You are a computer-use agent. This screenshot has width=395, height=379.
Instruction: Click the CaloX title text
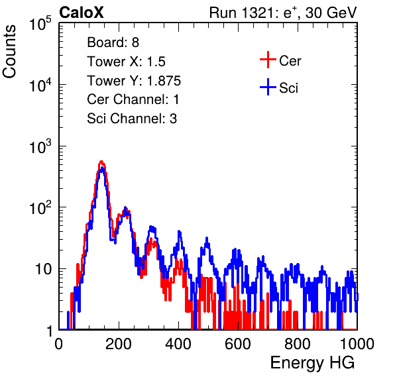point(81,13)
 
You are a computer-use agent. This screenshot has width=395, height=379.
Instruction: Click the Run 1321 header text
point(283,13)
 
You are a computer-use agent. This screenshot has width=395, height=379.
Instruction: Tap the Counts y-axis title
point(9,52)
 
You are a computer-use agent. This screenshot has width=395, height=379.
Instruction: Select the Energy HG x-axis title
point(312,363)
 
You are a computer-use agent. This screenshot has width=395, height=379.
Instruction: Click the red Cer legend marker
point(268,60)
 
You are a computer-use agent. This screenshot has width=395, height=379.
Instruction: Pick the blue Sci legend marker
point(268,87)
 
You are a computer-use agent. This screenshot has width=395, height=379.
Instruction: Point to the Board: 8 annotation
point(113,42)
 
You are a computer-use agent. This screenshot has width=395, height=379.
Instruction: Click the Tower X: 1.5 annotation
point(126,62)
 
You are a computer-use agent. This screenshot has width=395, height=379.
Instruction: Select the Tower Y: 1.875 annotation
point(134,81)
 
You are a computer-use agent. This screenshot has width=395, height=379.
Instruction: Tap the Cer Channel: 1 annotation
point(133,99)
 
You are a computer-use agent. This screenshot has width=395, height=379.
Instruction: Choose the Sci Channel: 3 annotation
point(132,119)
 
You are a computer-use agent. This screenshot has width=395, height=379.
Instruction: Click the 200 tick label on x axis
point(119,344)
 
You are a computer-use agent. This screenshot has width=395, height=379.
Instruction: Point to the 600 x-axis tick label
point(238,344)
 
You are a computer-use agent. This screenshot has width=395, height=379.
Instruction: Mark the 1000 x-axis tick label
point(357,344)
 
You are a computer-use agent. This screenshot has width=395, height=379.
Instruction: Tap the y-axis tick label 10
point(43,269)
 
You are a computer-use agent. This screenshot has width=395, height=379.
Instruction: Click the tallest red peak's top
point(101,162)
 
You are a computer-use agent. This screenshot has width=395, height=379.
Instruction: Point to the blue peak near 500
point(207,238)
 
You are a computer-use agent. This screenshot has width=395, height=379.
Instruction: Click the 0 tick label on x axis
point(59,344)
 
